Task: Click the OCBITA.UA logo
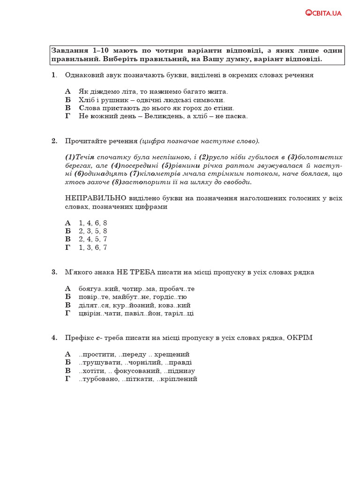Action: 323,13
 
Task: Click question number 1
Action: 54,75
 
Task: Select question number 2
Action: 54,141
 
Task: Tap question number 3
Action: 54,272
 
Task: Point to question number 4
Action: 54,337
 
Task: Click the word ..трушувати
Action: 100,362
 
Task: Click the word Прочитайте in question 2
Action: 84,141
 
